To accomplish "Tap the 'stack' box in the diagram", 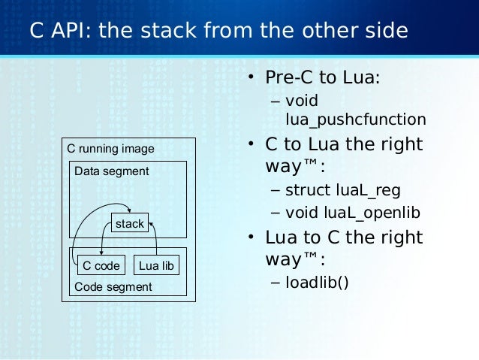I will click(129, 224).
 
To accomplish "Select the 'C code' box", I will click(101, 265).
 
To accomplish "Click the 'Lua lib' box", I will click(156, 265).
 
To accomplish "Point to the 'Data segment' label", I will click(111, 171).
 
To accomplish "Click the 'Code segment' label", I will click(113, 286).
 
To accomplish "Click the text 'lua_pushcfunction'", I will click(355, 119).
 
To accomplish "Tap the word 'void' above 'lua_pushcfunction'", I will click(302, 100).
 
